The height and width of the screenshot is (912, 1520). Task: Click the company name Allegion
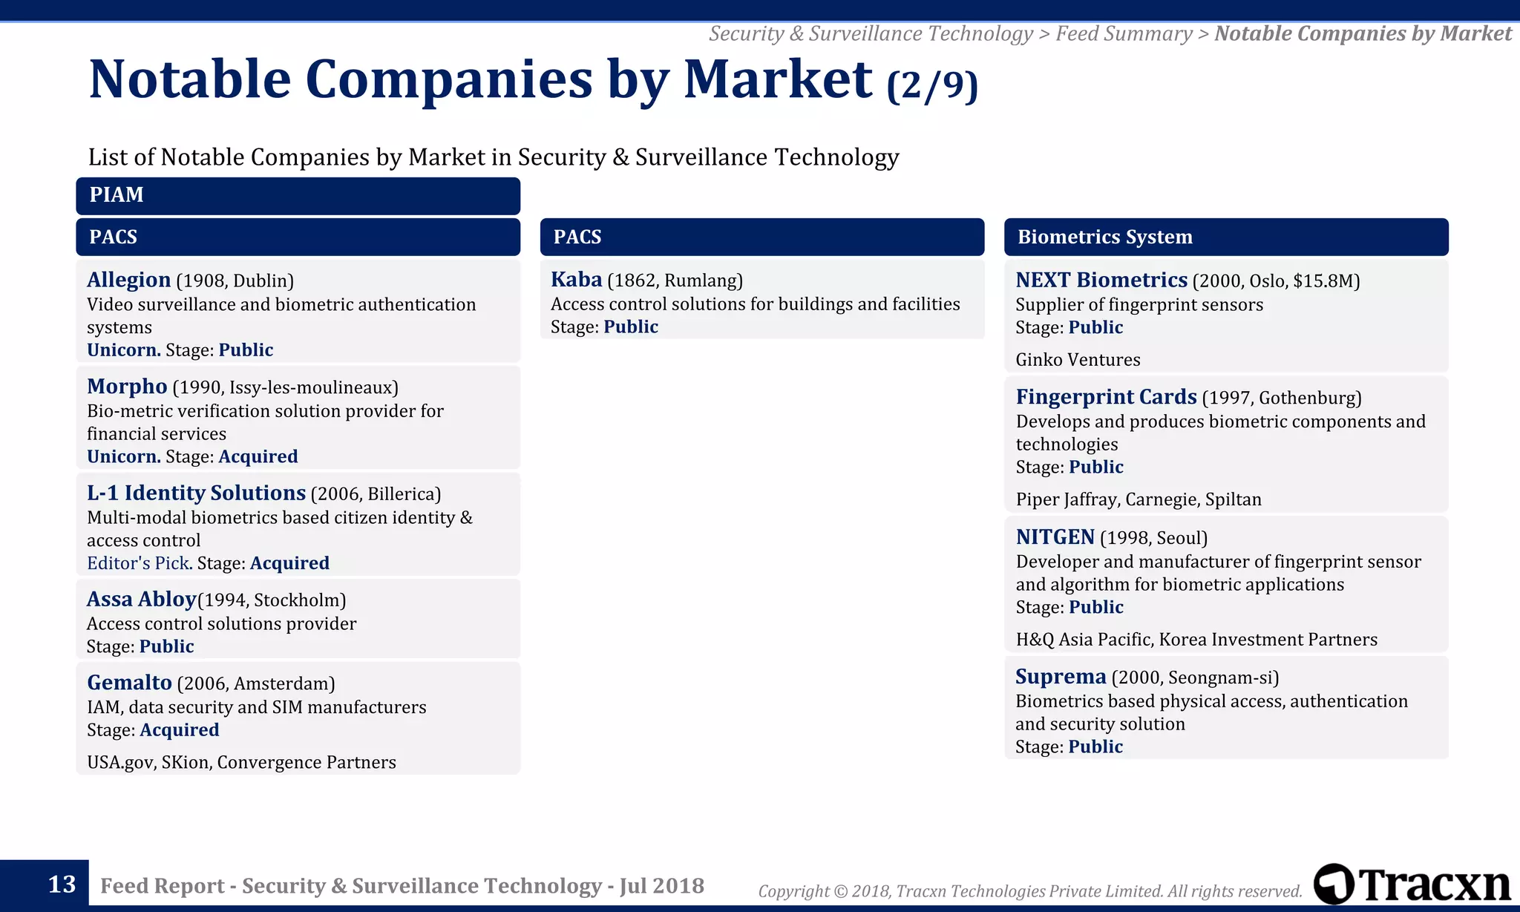128,280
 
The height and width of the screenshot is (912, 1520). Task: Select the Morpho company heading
127,387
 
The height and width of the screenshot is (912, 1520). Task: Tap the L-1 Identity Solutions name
196,493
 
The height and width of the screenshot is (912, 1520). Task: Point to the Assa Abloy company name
141,599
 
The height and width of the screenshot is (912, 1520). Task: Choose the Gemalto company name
129,683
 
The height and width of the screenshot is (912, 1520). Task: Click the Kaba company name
576,280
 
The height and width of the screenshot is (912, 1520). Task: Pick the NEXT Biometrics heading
1101,280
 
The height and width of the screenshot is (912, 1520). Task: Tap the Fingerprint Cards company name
1106,397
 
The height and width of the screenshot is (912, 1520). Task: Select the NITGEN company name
1055,537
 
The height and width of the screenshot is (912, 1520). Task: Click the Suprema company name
1061,677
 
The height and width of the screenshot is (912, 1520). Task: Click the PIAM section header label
117,195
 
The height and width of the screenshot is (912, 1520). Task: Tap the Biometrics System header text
1104,237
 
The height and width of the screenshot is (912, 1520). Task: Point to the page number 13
62,885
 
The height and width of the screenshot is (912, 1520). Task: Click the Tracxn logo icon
1334,884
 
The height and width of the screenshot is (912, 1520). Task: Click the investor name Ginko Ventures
1078,360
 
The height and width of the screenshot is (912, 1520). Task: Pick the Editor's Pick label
139,563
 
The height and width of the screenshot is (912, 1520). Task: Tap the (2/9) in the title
931,85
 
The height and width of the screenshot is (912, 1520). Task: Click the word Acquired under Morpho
258,456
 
